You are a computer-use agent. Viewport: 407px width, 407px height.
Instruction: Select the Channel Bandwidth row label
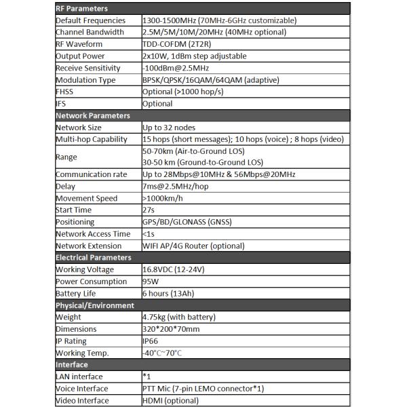pyautogui.click(x=90, y=32)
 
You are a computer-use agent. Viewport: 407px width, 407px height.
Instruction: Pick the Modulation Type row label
pyautogui.click(x=85, y=79)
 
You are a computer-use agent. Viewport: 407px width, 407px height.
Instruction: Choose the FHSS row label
pyautogui.click(x=65, y=92)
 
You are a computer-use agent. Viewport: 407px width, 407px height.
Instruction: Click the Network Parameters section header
pyautogui.click(x=92, y=115)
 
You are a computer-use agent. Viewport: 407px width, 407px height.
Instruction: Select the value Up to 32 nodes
pyautogui.click(x=171, y=127)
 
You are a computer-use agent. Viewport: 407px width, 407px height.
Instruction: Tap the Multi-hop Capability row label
pyautogui.click(x=91, y=139)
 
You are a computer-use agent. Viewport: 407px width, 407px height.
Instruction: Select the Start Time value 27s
pyautogui.click(x=149, y=210)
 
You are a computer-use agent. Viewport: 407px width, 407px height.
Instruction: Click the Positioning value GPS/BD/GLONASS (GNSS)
pyautogui.click(x=190, y=222)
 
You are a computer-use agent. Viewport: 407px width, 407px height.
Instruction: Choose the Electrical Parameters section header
pyautogui.click(x=93, y=257)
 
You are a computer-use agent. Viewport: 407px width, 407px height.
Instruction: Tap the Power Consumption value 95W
pyautogui.click(x=151, y=281)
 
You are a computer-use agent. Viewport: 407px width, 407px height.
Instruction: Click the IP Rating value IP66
pyautogui.click(x=152, y=341)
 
